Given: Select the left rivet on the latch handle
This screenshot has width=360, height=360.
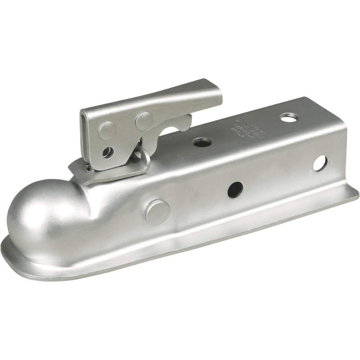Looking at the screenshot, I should tap(108, 130).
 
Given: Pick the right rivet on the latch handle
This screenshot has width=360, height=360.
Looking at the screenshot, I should tap(144, 121).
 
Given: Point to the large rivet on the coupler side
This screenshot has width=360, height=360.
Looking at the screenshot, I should tap(157, 212).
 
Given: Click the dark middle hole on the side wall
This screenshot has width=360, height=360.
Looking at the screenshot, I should tap(235, 189).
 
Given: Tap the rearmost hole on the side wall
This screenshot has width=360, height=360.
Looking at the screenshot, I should tap(320, 163).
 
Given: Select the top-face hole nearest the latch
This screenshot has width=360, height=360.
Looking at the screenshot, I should tap(202, 143).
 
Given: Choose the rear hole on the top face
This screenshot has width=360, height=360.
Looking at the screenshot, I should tap(288, 118).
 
